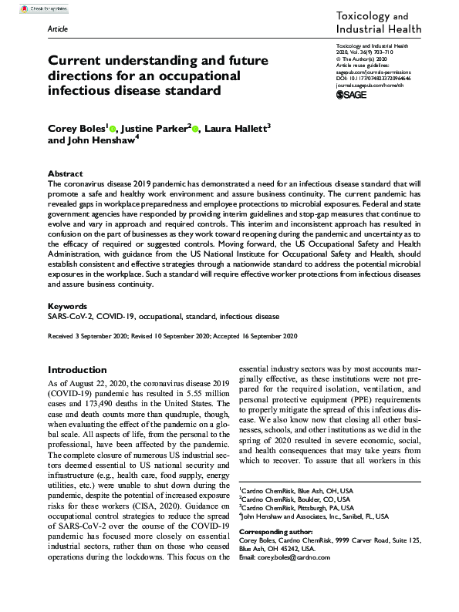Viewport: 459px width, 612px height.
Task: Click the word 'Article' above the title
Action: pos(57,27)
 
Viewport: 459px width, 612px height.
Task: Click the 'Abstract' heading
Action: pos(65,174)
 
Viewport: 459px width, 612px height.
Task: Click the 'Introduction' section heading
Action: pos(77,369)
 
